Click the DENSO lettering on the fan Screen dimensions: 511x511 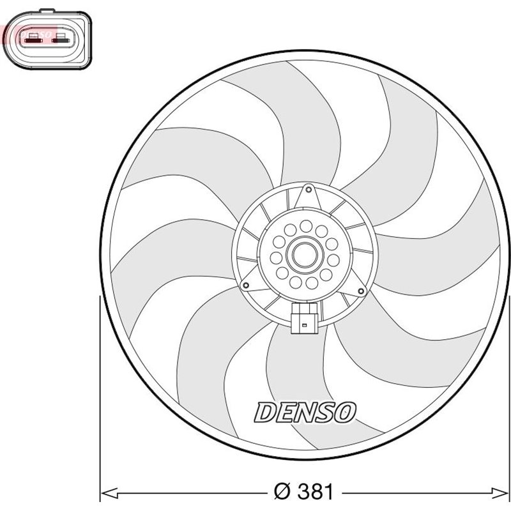pos(305,412)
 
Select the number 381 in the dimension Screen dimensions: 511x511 pos(312,492)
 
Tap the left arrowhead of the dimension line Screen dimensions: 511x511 pos(107,492)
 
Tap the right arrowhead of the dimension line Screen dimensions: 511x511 pos(504,492)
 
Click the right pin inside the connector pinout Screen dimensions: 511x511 pos(62,40)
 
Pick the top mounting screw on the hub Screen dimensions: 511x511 pos(309,189)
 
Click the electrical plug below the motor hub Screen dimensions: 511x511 pos(305,319)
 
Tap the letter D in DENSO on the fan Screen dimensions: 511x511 pos(266,412)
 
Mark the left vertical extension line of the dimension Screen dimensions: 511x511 pos(101,396)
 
